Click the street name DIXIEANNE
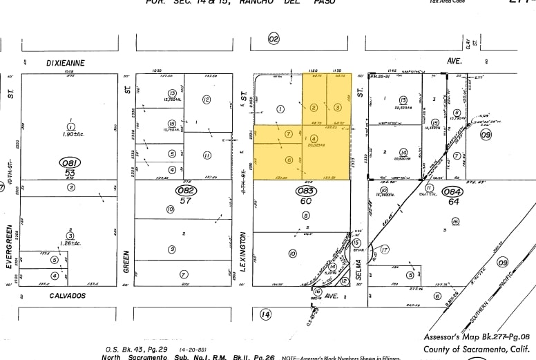[66, 63]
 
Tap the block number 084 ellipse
[453, 192]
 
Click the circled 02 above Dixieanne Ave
[274, 39]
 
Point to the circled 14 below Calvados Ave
[265, 314]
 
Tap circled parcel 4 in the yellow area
[314, 140]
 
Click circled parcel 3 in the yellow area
[337, 107]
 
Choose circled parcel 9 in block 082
[171, 249]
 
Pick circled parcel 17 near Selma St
[385, 249]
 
